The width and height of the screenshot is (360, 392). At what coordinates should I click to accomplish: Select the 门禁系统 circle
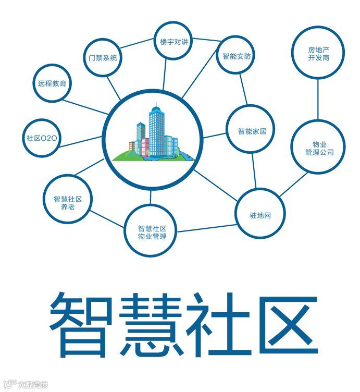[x=103, y=58]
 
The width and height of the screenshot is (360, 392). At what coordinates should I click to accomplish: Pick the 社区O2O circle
[x=42, y=138]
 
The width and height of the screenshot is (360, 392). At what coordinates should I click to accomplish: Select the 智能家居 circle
[x=252, y=131]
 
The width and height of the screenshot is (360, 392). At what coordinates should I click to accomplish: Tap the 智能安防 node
[x=237, y=56]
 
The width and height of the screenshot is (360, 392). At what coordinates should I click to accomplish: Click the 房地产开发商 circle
[x=318, y=54]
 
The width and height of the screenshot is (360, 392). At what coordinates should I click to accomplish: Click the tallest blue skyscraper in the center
[x=155, y=130]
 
